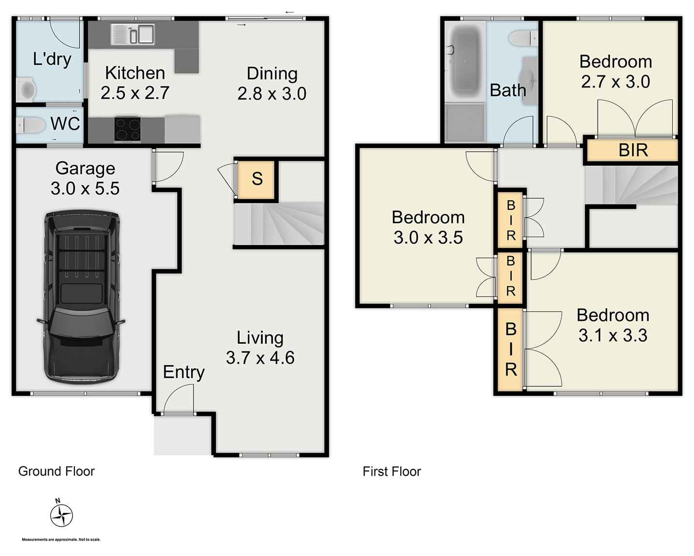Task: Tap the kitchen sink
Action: click(x=132, y=34)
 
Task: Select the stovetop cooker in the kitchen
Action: click(x=127, y=130)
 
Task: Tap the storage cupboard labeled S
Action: click(x=256, y=179)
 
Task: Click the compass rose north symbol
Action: click(x=61, y=515)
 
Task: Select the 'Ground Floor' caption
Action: click(x=56, y=471)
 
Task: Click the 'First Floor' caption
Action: click(x=392, y=471)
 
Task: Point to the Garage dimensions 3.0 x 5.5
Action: click(x=85, y=188)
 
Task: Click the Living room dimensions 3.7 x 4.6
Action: click(x=260, y=358)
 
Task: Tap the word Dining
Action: click(x=272, y=73)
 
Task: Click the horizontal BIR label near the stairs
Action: click(x=633, y=150)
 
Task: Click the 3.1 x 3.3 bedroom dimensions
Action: click(x=613, y=335)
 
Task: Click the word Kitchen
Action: click(x=135, y=73)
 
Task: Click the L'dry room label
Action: click(x=52, y=59)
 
